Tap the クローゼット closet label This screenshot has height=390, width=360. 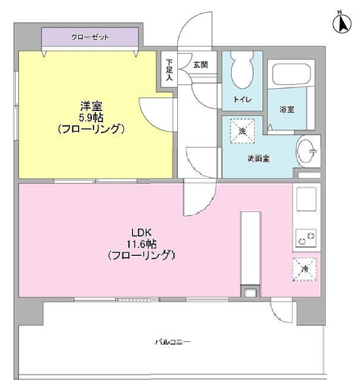tap(90, 38)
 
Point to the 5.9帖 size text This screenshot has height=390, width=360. tap(92, 117)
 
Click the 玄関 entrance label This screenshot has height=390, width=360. tap(200, 65)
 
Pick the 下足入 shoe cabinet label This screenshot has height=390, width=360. tap(169, 69)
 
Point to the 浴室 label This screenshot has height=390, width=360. tap(287, 110)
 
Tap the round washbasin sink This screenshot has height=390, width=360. tap(307, 152)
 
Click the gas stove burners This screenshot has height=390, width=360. tap(306, 238)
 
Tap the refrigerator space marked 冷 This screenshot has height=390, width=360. tap(305, 270)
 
